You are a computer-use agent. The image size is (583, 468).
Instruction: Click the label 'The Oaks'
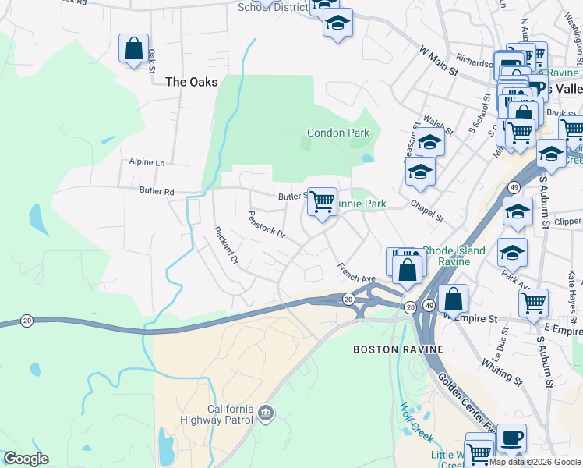point(191,81)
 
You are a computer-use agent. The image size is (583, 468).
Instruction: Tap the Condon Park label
point(337,133)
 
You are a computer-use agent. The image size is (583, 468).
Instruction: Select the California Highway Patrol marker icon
point(266,411)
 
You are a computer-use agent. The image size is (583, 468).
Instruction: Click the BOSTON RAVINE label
point(387,349)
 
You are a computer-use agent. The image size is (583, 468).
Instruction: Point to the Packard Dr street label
point(226,245)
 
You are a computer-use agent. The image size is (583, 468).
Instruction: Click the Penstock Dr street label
point(267,224)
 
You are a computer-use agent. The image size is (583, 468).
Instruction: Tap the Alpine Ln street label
point(147,162)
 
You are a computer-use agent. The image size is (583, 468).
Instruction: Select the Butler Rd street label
point(157,190)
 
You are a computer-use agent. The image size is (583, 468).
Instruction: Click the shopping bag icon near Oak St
point(134,48)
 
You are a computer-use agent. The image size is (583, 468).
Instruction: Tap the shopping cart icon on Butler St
point(321,202)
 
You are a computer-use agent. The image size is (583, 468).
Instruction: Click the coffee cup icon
point(511,437)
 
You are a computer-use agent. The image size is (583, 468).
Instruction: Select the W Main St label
point(438,59)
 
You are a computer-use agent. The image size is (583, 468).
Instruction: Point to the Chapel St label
point(426,210)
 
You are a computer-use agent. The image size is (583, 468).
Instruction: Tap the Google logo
point(26,459)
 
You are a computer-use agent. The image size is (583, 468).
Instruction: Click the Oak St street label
point(153,59)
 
